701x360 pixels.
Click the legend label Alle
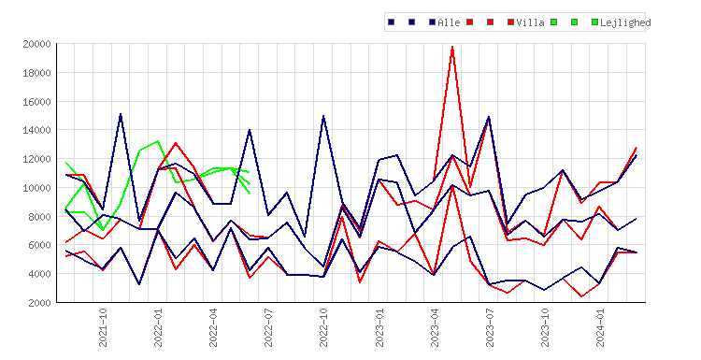coord(449,22)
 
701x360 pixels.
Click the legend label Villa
coord(530,22)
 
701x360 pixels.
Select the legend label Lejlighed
coord(625,22)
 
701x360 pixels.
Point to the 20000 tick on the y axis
coord(36,44)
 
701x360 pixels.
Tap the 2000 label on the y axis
coord(39,302)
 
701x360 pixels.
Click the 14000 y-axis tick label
coord(36,130)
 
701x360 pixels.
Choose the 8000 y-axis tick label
coord(39,216)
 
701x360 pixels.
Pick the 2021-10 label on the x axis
coord(103,327)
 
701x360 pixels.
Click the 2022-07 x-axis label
coord(268,327)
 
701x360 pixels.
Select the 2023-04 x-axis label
coord(435,327)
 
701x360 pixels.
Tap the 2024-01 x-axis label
coord(600,327)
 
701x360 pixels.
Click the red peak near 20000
coord(452,47)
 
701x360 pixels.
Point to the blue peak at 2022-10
coord(323,116)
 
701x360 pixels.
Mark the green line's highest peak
coord(157,141)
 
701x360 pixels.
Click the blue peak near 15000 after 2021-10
coord(121,114)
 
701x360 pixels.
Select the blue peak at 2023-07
coord(489,117)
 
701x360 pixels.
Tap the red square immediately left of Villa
coord(510,22)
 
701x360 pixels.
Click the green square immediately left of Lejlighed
coord(594,22)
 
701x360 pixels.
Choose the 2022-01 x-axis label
coord(158,327)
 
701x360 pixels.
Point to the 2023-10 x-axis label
coord(545,327)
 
